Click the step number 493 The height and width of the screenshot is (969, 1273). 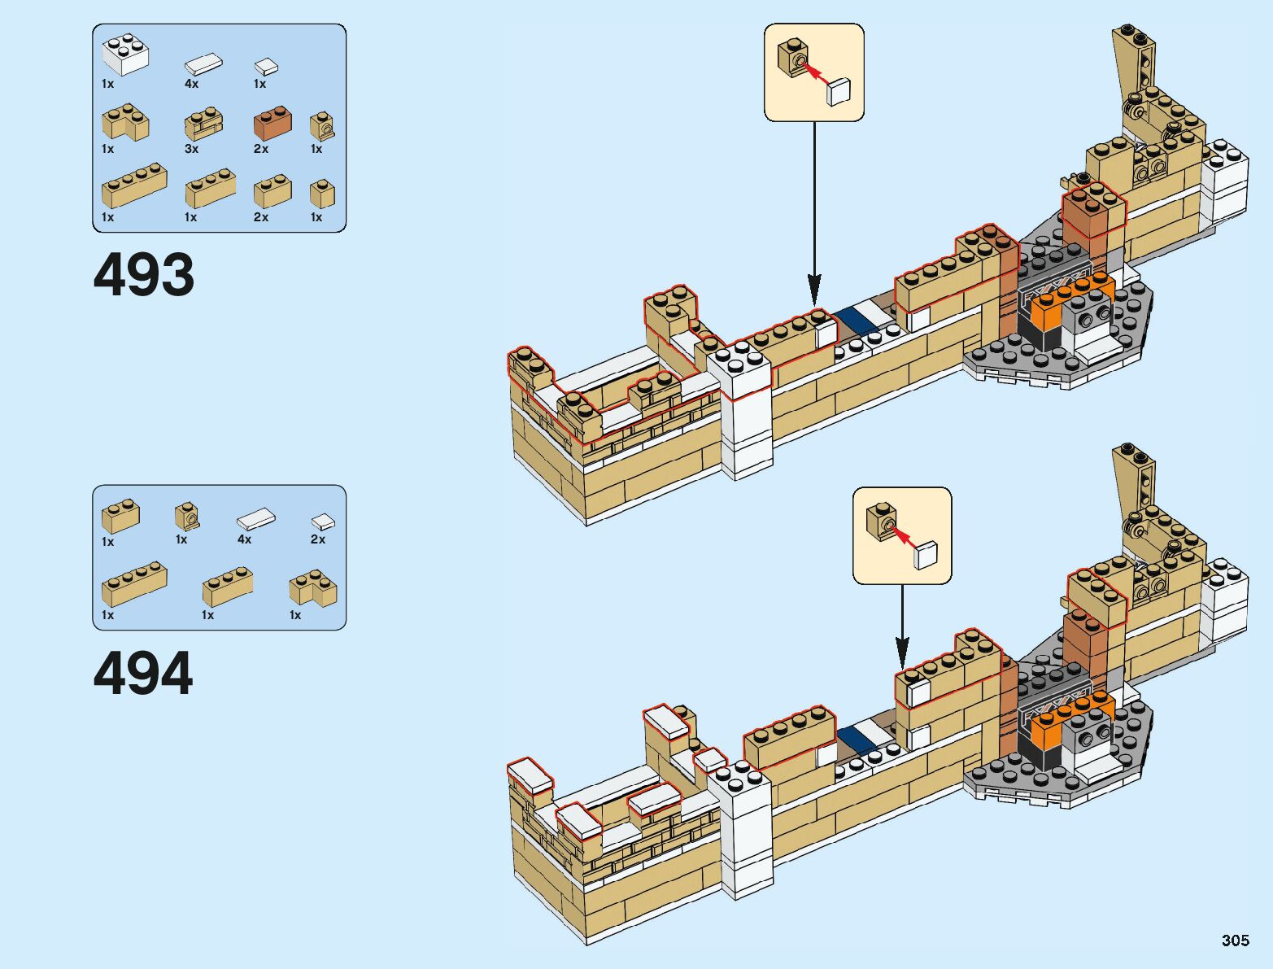[143, 275]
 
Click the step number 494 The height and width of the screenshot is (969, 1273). [142, 673]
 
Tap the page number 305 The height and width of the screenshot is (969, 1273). [1236, 940]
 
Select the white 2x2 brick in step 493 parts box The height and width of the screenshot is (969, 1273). [125, 55]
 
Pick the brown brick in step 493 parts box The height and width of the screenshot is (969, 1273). [272, 123]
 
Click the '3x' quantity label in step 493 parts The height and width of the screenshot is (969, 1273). [191, 149]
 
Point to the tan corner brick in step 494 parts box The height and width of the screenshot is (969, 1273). [312, 588]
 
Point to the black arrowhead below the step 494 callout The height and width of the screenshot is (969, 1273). [902, 653]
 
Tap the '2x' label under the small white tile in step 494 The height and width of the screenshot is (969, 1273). [318, 539]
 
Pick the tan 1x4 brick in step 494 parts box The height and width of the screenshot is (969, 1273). [134, 584]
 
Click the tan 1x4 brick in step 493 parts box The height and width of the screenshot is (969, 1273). [134, 186]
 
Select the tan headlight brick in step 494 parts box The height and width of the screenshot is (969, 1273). [187, 516]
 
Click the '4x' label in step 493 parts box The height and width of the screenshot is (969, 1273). [191, 84]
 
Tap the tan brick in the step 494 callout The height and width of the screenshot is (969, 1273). [881, 521]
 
